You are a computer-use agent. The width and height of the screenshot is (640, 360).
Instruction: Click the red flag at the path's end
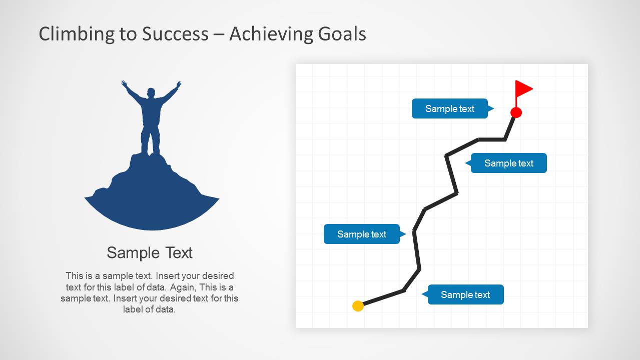click(x=523, y=89)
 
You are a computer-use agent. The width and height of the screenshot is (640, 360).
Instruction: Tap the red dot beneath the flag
click(x=516, y=112)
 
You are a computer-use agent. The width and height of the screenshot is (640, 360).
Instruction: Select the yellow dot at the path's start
click(x=358, y=306)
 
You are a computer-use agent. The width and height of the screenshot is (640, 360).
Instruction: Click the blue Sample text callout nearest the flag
click(x=449, y=108)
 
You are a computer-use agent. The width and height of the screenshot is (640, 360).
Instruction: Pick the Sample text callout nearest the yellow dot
click(x=465, y=294)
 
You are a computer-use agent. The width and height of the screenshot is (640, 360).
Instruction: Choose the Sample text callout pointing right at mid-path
click(x=361, y=234)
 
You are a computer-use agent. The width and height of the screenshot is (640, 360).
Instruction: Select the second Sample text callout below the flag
click(x=508, y=163)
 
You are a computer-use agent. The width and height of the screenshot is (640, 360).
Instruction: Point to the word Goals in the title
click(x=342, y=34)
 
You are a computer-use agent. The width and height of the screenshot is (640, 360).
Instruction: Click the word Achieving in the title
click(x=271, y=34)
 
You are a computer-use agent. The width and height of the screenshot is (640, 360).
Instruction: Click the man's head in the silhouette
click(x=151, y=94)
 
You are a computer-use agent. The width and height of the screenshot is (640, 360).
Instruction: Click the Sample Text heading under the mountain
click(x=150, y=252)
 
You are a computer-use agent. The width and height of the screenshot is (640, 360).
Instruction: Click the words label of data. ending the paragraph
click(x=150, y=309)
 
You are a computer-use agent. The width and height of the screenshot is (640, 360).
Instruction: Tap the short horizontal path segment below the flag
click(x=491, y=139)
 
